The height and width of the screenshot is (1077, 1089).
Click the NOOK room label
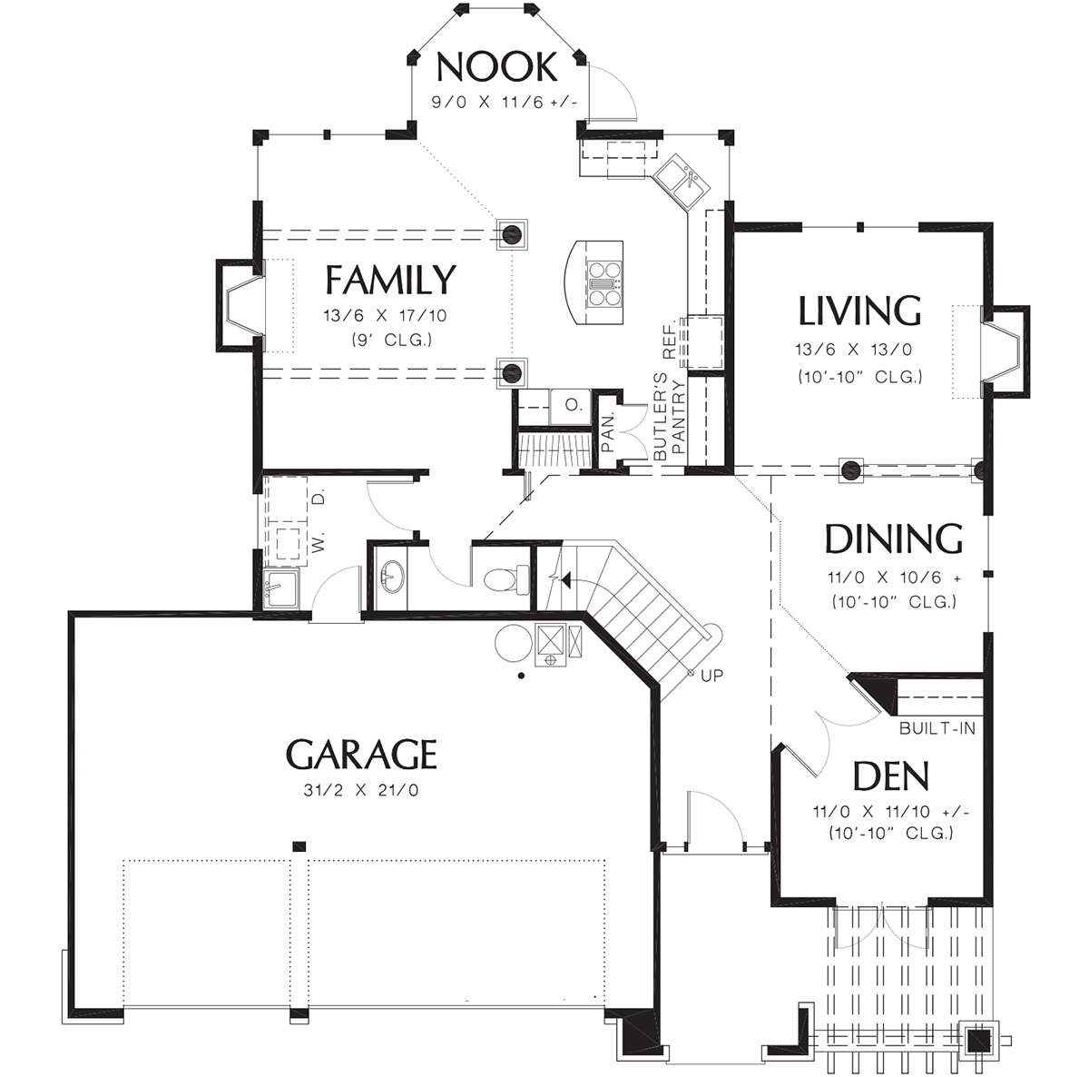[x=496, y=67]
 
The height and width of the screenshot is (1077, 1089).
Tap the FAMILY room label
[x=390, y=280]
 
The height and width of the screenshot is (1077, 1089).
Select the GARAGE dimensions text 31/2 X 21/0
[x=361, y=790]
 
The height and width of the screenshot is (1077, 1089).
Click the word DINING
[x=894, y=538]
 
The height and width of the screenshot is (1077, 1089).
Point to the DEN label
[x=890, y=776]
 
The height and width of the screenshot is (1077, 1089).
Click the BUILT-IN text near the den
[x=937, y=728]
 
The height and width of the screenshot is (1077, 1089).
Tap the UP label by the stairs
[x=711, y=675]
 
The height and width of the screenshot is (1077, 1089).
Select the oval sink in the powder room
[x=392, y=577]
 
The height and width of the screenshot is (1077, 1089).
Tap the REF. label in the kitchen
[x=670, y=341]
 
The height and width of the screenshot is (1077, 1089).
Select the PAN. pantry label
[x=608, y=433]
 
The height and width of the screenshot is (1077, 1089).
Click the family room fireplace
[x=240, y=306]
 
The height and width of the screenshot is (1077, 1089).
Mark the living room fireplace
[x=1005, y=351]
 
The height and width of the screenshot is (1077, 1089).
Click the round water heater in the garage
[x=513, y=643]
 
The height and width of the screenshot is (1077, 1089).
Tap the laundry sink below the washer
[x=280, y=588]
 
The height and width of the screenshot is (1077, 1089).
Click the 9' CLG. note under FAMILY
[x=392, y=341]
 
